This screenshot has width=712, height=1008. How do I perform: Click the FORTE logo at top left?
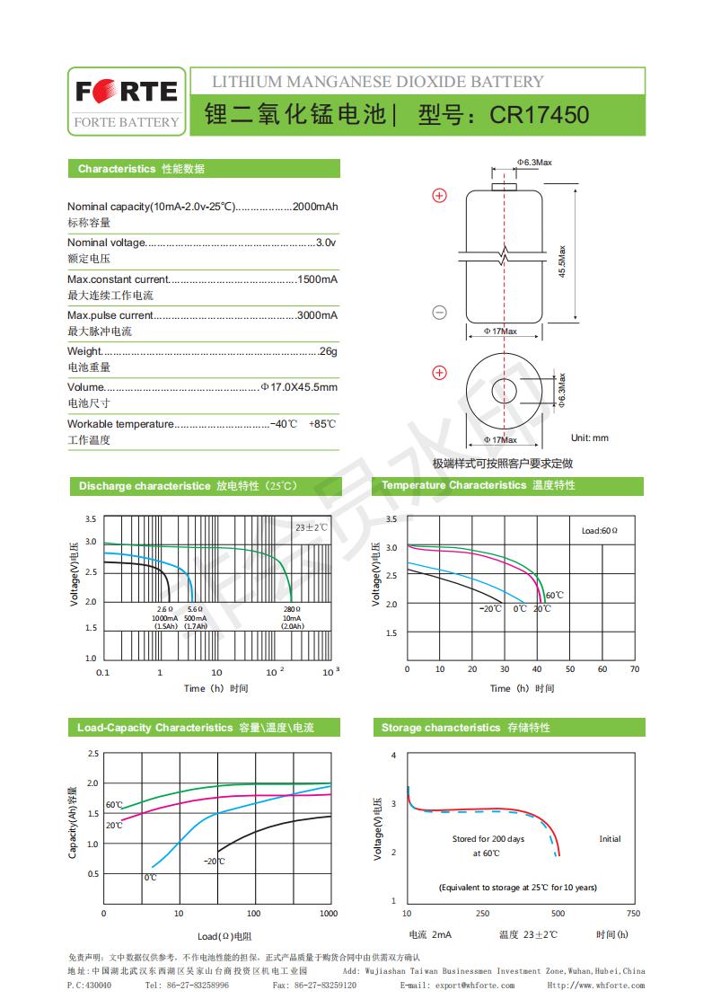point(126,93)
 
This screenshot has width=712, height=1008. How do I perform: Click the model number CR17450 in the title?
point(540,115)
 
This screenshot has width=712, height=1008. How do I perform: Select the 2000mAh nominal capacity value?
point(315,207)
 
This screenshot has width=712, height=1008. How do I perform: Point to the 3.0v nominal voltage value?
point(327,243)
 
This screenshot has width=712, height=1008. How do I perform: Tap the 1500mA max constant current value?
point(318,279)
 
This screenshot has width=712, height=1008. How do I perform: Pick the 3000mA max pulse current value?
point(318,315)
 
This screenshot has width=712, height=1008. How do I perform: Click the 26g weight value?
point(329,351)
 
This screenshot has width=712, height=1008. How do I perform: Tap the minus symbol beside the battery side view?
point(440,313)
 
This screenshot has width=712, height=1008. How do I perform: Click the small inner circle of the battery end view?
point(504,391)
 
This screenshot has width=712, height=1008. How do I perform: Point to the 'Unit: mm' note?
point(590,438)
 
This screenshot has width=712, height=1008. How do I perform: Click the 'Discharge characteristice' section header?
point(144,486)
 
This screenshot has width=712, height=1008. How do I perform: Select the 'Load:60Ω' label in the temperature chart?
point(600,531)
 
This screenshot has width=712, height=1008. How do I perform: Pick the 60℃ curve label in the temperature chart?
point(555,595)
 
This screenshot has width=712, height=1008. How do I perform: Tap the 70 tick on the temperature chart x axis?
point(635,668)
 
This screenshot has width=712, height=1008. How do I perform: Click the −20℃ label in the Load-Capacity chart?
point(215,861)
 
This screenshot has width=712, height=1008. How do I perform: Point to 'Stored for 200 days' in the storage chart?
point(488,839)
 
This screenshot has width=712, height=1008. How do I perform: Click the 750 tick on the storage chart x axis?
point(633,913)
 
